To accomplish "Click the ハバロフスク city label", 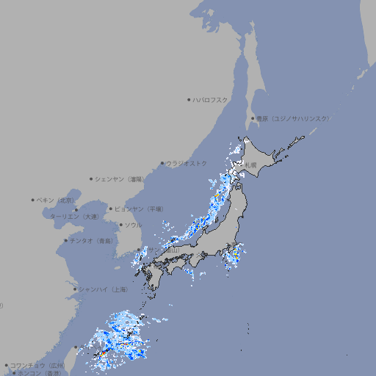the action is (x=211, y=99).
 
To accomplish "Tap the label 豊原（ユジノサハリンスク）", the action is (x=293, y=118).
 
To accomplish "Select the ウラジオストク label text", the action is (x=187, y=163).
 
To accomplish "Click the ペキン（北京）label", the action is (x=56, y=200).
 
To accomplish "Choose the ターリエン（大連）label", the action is (x=73, y=217).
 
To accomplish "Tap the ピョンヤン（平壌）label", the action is (x=140, y=209).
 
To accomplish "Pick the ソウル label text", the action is (x=133, y=225).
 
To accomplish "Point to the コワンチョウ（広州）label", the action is (x=37, y=365).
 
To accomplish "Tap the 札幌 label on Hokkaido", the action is (x=250, y=165).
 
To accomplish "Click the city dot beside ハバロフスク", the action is (x=189, y=99).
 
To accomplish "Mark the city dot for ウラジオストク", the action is (x=162, y=163).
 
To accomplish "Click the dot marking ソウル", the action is (x=120, y=225).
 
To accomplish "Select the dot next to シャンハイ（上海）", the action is (x=75, y=289).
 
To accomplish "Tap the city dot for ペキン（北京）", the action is (x=33, y=200).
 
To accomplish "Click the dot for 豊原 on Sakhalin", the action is (x=253, y=118).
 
